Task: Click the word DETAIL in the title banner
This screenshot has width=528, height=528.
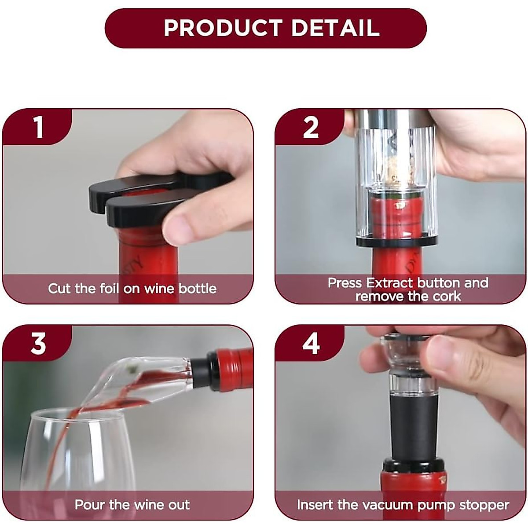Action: [x=335, y=28]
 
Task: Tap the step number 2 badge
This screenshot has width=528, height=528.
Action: [x=311, y=128]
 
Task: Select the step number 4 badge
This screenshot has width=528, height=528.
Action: [x=311, y=344]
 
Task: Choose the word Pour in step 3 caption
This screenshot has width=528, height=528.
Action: [x=90, y=504]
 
